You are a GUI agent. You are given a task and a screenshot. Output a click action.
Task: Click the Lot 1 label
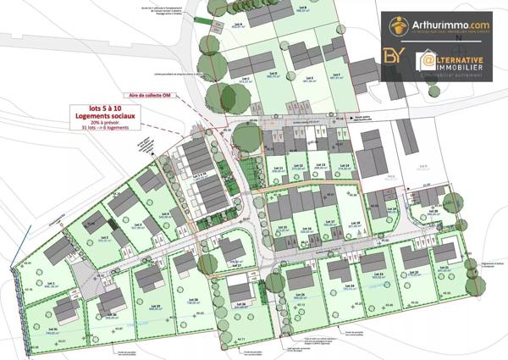[x=51, y=284]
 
